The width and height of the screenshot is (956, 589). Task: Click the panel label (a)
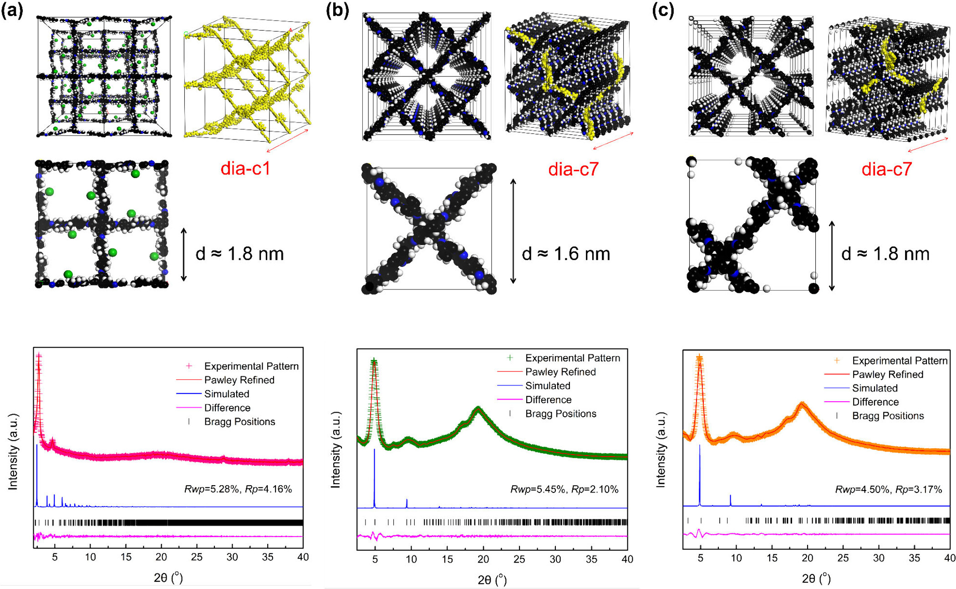tap(12, 10)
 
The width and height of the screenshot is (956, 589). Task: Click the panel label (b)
tap(337, 10)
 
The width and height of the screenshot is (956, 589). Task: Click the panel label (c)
tap(662, 10)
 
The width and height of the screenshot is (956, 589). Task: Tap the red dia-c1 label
tap(245, 169)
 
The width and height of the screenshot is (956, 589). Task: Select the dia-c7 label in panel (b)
tap(573, 169)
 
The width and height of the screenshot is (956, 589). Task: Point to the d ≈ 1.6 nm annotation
tap(566, 254)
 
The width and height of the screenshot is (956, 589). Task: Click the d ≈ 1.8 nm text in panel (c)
tap(885, 254)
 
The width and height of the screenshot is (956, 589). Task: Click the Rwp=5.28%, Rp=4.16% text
tap(238, 489)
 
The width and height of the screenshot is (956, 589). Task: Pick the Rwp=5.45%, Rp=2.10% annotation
tap(564, 489)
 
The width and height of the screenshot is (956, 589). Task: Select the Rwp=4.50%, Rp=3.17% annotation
tap(888, 489)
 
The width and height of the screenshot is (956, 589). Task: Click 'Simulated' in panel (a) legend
tap(227, 394)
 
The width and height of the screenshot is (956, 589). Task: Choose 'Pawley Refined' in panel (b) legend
tap(560, 372)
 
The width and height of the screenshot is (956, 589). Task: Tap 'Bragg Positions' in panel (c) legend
tap(888, 415)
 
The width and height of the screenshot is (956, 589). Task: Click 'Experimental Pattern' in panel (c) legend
tap(900, 360)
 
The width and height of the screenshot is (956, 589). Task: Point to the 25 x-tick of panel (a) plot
tap(197, 557)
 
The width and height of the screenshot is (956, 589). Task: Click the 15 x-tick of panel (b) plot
tap(447, 559)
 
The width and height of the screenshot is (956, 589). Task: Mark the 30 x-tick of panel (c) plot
tap(879, 558)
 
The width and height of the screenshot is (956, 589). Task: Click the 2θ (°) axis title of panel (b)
tap(492, 579)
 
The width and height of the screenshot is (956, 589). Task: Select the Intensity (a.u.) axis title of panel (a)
tap(13, 451)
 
